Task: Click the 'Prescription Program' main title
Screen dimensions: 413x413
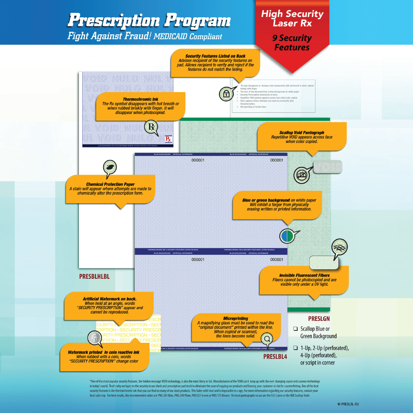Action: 149,20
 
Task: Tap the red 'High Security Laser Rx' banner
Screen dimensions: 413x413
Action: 292,19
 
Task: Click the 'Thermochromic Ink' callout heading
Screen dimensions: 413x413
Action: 140,99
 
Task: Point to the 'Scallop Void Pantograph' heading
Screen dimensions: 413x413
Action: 301,133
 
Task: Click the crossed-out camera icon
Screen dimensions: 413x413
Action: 301,175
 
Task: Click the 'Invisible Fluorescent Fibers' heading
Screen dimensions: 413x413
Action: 304,275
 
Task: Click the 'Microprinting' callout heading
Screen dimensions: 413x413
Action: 235,318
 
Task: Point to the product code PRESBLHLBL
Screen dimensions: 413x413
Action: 94,276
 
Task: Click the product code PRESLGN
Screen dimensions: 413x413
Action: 319,319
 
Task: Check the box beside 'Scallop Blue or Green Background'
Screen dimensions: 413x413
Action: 295,329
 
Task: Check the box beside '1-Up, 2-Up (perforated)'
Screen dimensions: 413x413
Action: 295,348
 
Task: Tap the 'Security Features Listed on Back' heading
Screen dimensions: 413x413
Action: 215,56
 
